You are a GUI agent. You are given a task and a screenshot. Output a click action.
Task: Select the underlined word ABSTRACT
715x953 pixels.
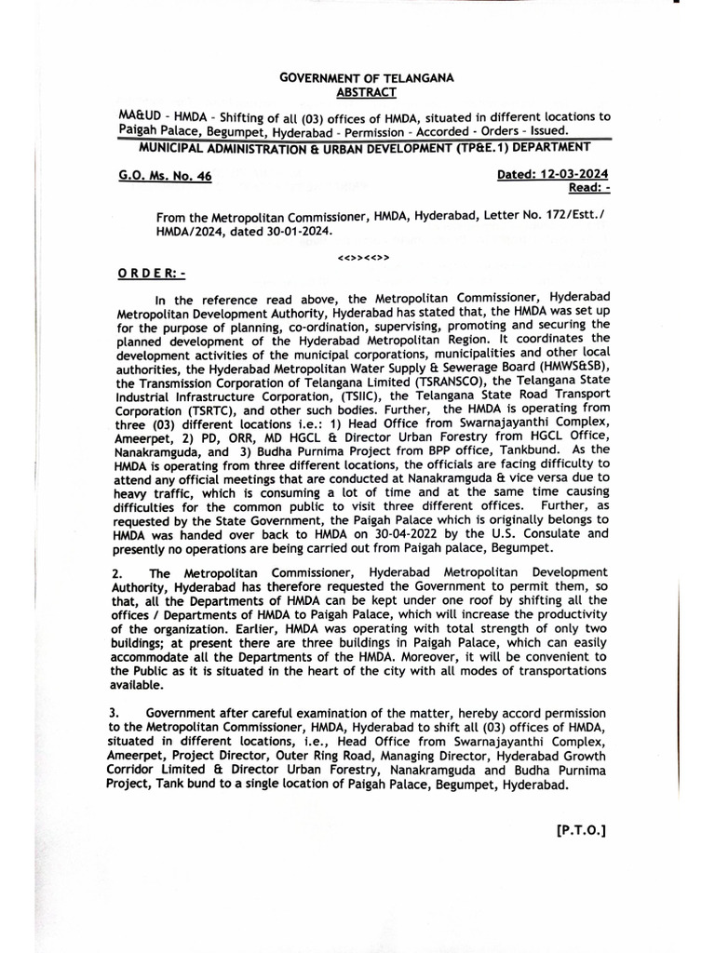click(366, 92)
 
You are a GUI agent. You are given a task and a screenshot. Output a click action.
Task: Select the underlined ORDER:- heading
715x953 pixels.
click(152, 275)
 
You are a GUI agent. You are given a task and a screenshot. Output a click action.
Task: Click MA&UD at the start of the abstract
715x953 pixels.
click(139, 117)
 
